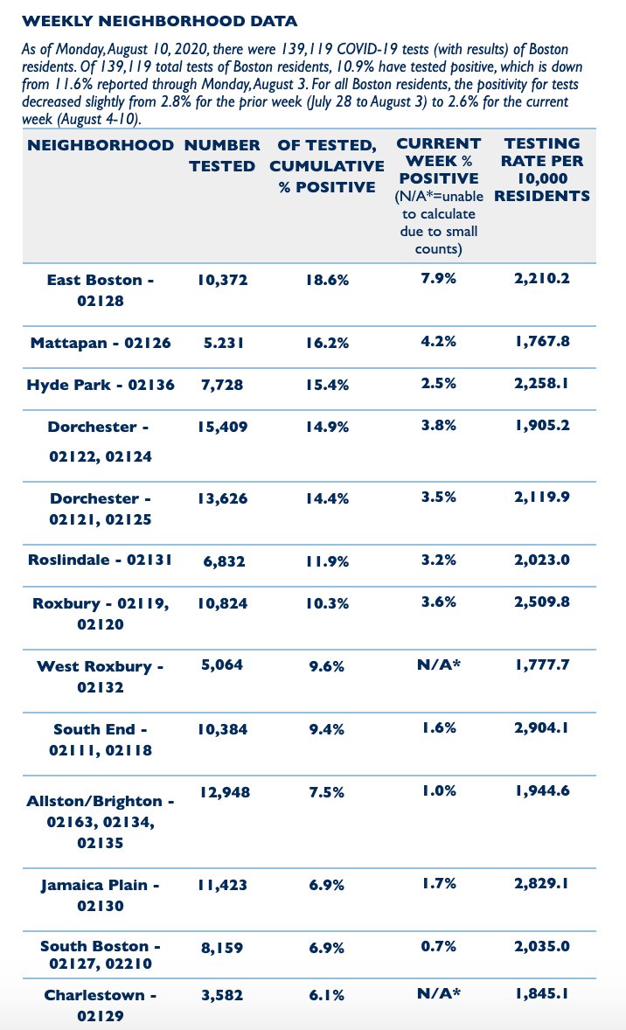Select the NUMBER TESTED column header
225,155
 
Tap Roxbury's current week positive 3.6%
438,603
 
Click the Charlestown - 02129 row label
101,1005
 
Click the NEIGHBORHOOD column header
101,145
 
